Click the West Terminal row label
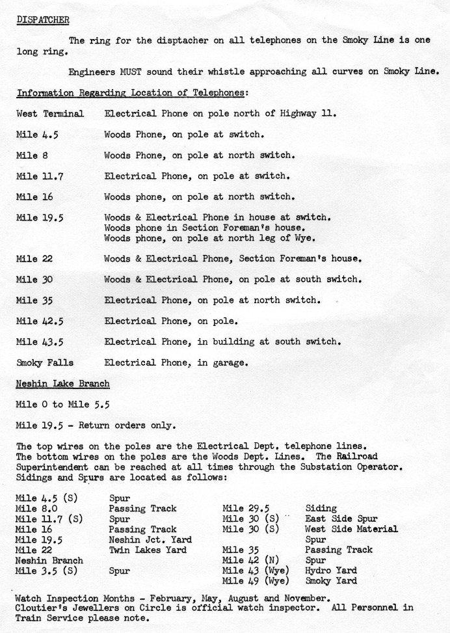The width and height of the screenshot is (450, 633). pos(50,114)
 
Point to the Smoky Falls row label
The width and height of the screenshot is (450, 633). pos(45,362)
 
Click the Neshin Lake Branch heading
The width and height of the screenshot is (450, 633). pos(62,383)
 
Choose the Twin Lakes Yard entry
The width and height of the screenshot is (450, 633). pos(148,550)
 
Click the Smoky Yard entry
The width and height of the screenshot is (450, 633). pos(331,581)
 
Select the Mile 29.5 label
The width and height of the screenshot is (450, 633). pos(246,508)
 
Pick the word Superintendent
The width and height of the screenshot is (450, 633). pos(54,467)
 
